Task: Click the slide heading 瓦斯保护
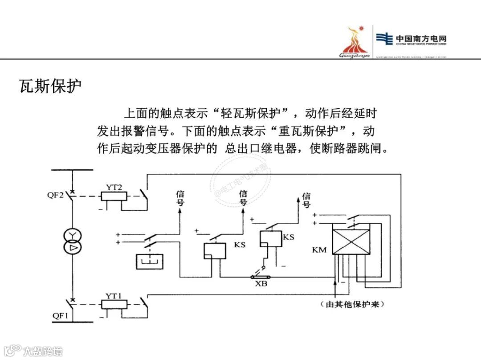click(x=50, y=86)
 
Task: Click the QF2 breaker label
click(x=56, y=195)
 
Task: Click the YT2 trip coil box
click(x=114, y=196)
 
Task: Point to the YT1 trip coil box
click(x=114, y=305)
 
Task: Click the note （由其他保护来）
click(x=352, y=305)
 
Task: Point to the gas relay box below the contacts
click(x=150, y=261)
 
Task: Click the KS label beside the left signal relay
click(x=239, y=245)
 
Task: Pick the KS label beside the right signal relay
click(x=288, y=237)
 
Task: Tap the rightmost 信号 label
click(x=306, y=200)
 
